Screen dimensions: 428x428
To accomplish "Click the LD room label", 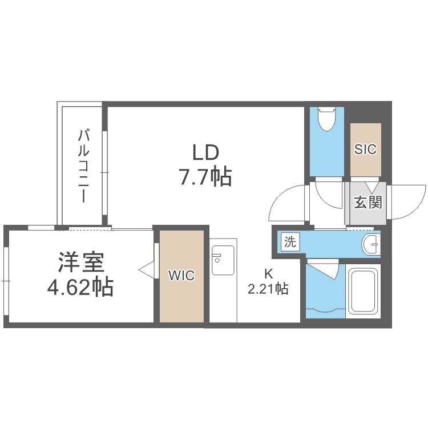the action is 206,152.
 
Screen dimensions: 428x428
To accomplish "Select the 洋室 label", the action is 81,263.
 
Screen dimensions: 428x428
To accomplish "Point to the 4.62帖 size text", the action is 80,286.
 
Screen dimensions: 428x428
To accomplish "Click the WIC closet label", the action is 181,275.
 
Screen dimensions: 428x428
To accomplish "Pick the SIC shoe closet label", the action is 365,149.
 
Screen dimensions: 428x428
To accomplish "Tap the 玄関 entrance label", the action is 368,202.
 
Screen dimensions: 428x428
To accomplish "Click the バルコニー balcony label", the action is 83,166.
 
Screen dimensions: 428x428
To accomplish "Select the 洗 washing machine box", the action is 290,241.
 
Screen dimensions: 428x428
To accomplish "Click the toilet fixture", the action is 327,119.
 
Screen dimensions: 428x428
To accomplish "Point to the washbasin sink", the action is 371,244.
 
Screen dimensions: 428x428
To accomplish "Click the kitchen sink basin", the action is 223,260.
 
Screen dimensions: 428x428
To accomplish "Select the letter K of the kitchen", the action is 269,274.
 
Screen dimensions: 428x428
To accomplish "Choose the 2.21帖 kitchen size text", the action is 268,289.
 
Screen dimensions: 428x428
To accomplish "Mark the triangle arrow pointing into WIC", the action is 147,270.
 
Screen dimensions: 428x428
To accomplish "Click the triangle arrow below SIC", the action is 372,187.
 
